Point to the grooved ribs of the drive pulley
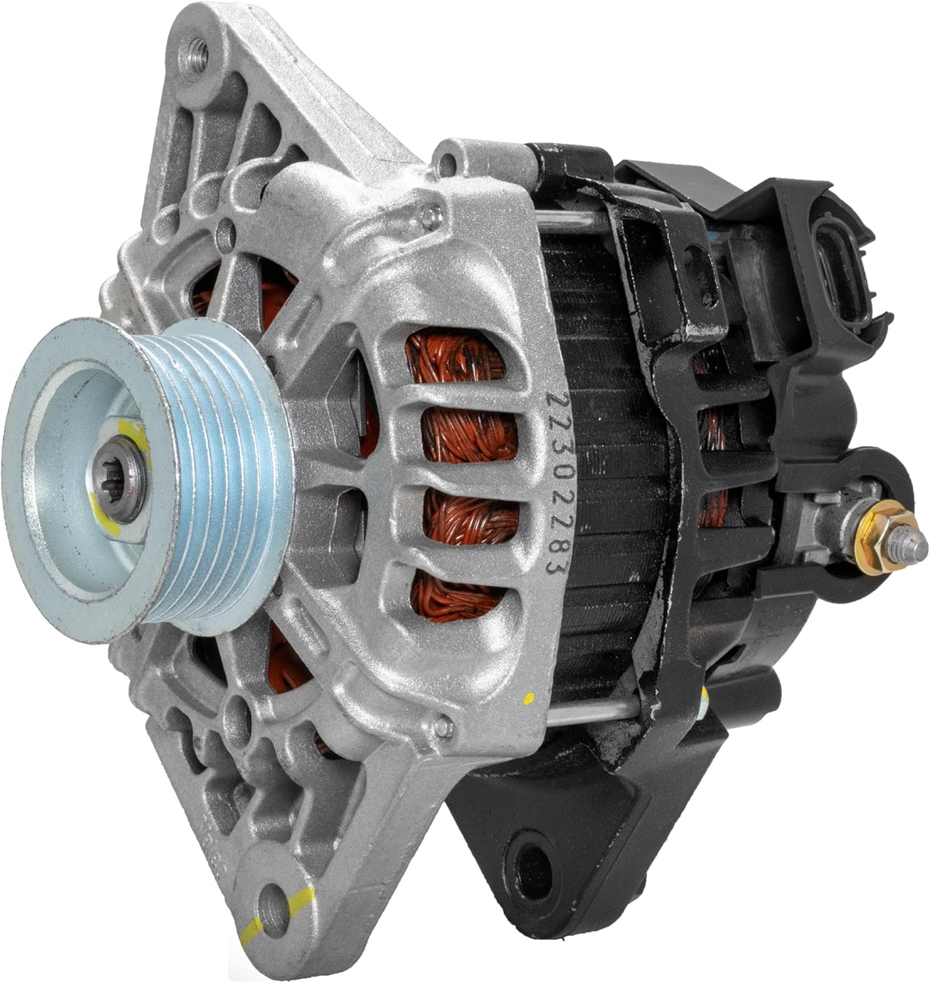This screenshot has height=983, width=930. point(220,480)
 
